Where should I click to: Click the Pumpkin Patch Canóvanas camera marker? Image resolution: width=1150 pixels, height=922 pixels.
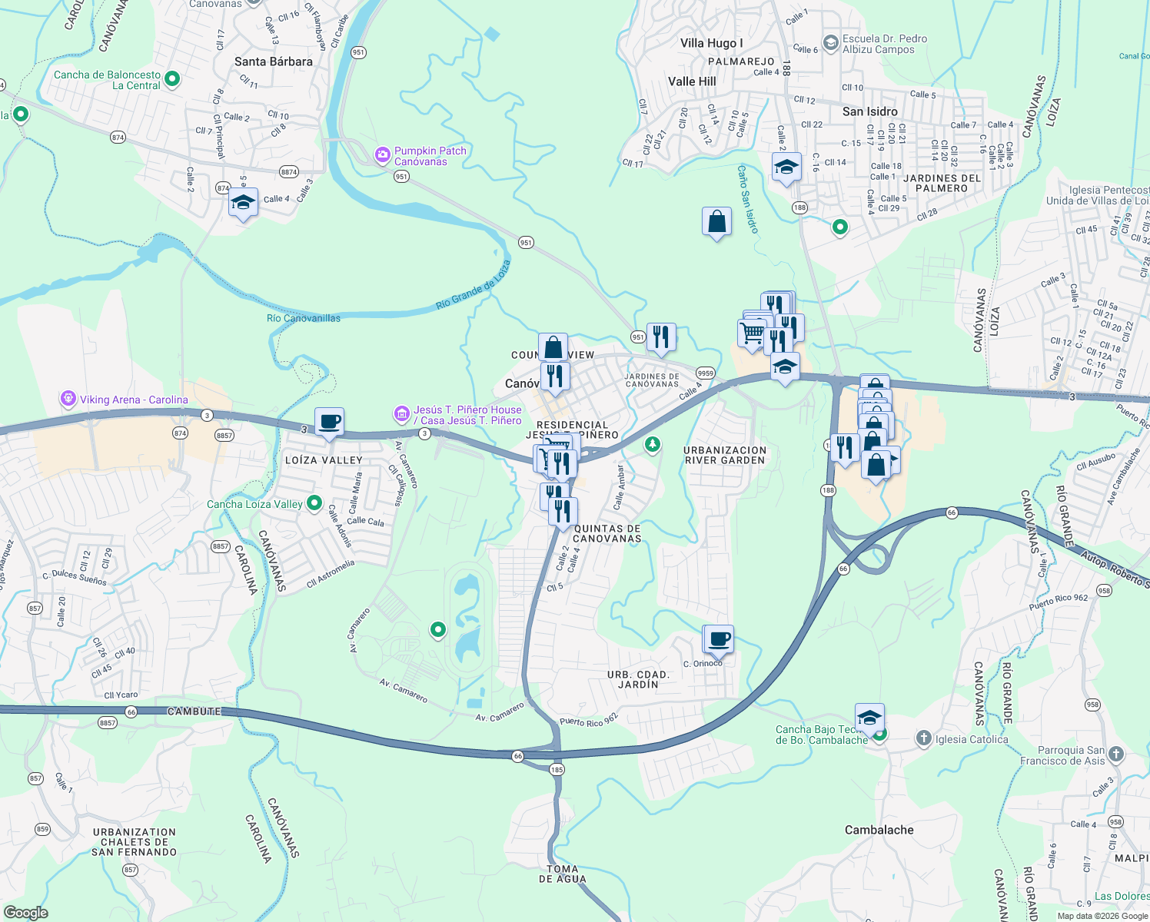pyautogui.click(x=382, y=156)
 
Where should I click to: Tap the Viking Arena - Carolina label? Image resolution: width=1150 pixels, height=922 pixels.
pyautogui.click(x=135, y=400)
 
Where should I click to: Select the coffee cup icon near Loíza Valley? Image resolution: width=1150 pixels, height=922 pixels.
pyautogui.click(x=329, y=422)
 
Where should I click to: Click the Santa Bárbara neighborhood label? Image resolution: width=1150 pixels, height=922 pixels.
pyautogui.click(x=273, y=61)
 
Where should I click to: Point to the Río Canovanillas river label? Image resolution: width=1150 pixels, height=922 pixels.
pyautogui.click(x=304, y=318)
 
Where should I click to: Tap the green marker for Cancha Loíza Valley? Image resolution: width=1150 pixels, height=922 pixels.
pyautogui.click(x=314, y=504)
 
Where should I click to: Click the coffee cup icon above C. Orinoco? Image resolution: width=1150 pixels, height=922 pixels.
pyautogui.click(x=719, y=639)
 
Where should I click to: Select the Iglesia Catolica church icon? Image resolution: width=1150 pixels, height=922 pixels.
pyautogui.click(x=923, y=739)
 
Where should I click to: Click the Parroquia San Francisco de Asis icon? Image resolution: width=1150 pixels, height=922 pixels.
pyautogui.click(x=1116, y=755)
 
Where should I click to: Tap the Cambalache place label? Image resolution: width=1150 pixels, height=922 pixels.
pyautogui.click(x=879, y=830)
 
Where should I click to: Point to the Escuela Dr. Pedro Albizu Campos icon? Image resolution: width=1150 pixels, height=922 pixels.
pyautogui.click(x=830, y=44)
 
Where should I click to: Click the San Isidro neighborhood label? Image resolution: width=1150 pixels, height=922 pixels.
pyautogui.click(x=869, y=111)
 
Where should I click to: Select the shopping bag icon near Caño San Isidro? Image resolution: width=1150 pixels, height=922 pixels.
pyautogui.click(x=716, y=222)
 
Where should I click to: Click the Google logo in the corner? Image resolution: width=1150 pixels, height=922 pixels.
pyautogui.click(x=25, y=913)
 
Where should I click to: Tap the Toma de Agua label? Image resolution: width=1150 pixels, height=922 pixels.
pyautogui.click(x=562, y=874)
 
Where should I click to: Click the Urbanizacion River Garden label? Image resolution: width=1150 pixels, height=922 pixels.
pyautogui.click(x=725, y=455)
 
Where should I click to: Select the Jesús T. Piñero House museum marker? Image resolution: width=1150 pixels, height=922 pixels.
pyautogui.click(x=401, y=415)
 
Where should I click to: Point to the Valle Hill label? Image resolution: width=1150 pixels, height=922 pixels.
pyautogui.click(x=692, y=81)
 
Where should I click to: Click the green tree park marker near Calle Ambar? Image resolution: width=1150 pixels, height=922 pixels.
pyautogui.click(x=652, y=444)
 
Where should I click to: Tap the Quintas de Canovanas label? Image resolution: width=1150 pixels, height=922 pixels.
pyautogui.click(x=607, y=533)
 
